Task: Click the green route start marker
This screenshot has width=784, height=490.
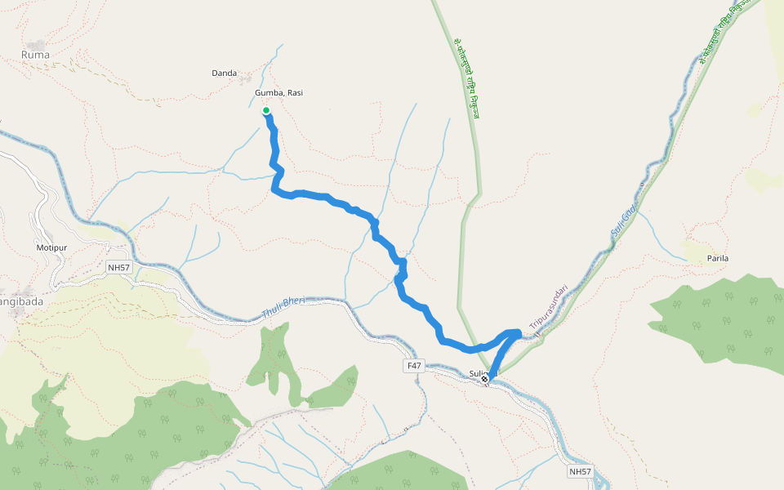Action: (266, 110)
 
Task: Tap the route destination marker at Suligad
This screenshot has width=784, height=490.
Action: (485, 379)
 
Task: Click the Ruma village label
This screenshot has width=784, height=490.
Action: (35, 55)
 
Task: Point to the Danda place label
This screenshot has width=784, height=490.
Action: (224, 73)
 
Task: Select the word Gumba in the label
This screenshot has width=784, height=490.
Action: (269, 93)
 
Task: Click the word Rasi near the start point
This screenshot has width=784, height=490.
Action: (295, 93)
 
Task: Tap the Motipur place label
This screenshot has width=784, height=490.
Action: (50, 247)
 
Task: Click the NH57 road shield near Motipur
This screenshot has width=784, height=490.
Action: (118, 267)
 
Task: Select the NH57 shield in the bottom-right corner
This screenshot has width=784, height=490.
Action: (580, 471)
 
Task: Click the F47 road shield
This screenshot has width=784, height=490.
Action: (414, 366)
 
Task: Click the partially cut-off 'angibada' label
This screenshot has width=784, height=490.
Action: (22, 301)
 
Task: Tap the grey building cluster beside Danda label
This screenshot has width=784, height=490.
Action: (246, 78)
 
